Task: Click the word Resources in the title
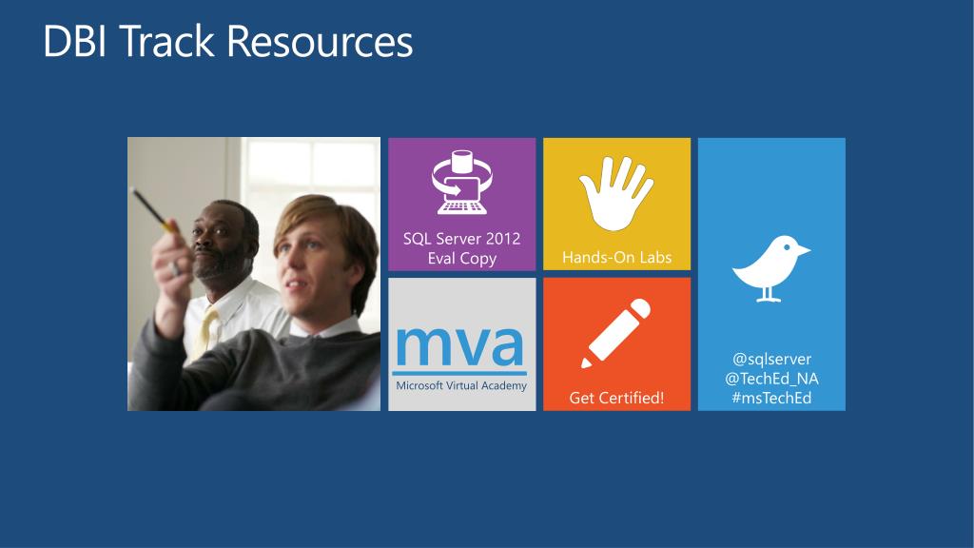tap(320, 42)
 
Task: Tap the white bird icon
tap(770, 268)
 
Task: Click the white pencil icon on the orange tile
tap(615, 334)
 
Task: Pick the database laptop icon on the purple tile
tap(461, 183)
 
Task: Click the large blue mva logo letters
tap(459, 346)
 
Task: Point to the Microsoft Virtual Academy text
tap(461, 386)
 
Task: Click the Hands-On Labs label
tap(616, 257)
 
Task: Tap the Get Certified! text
tap(616, 398)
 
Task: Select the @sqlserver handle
tap(771, 359)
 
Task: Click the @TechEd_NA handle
tap(771, 379)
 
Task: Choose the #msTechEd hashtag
tap(771, 398)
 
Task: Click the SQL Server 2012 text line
tap(461, 239)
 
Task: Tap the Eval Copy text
tap(461, 259)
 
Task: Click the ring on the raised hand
tap(176, 268)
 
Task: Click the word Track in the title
tap(166, 42)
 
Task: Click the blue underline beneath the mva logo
tap(459, 373)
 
